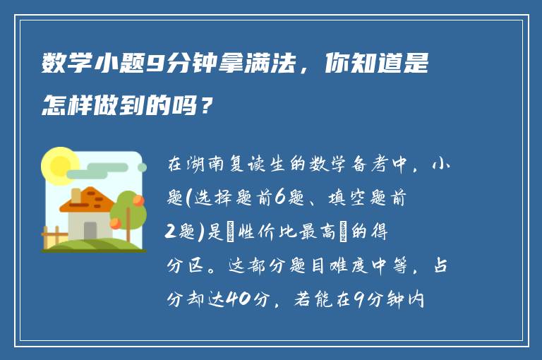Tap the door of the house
90,230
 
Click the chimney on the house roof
76,195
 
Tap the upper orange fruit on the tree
138,200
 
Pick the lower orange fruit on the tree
115,224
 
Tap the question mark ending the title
205,107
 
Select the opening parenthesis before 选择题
188,200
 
